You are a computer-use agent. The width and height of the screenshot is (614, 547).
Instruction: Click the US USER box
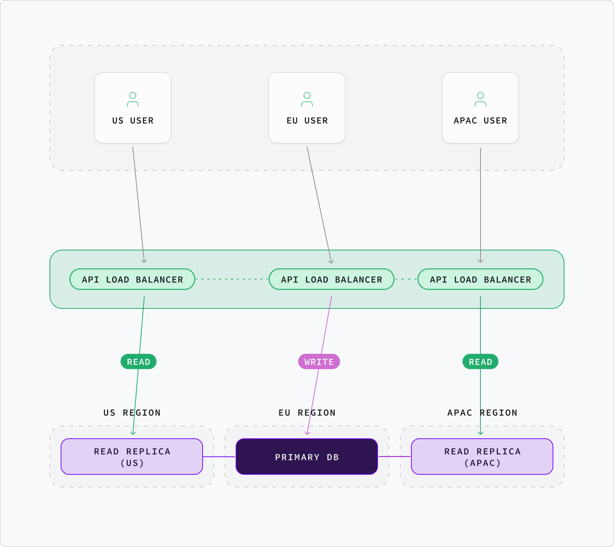coord(133,108)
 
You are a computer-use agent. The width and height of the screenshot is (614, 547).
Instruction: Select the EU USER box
coord(307,108)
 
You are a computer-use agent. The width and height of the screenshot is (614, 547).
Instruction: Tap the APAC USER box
coord(480,108)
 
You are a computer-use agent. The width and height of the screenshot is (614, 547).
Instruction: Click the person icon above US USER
coord(133,99)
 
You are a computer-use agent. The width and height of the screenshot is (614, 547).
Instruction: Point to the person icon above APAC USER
coord(480,99)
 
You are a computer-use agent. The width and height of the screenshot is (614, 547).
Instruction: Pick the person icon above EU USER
coord(307,99)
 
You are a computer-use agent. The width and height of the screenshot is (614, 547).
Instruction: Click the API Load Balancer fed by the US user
coord(132,279)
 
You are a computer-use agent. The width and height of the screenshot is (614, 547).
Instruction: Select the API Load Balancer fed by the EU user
coord(332,279)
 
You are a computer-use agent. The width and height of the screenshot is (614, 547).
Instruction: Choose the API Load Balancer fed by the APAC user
coord(480,279)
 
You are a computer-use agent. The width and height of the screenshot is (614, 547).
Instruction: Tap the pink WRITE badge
coord(319,361)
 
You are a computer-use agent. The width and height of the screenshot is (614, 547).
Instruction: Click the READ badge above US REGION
coord(139,361)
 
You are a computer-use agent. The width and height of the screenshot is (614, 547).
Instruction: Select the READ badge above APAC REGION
coord(480,361)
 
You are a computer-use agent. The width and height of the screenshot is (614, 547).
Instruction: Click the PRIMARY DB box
coord(307,457)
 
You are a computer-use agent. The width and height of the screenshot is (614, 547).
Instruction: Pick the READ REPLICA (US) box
coord(132,457)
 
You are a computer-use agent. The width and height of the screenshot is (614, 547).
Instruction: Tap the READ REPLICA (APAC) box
coord(482,457)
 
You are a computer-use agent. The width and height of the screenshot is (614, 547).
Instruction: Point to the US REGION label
coord(132,413)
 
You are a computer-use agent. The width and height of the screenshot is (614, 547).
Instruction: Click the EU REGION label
coord(307,413)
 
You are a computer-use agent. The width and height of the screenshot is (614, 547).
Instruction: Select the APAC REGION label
coord(482,413)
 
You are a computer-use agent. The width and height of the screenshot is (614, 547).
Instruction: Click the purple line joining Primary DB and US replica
coord(219,457)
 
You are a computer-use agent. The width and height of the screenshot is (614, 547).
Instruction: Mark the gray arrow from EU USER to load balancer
coord(319,205)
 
